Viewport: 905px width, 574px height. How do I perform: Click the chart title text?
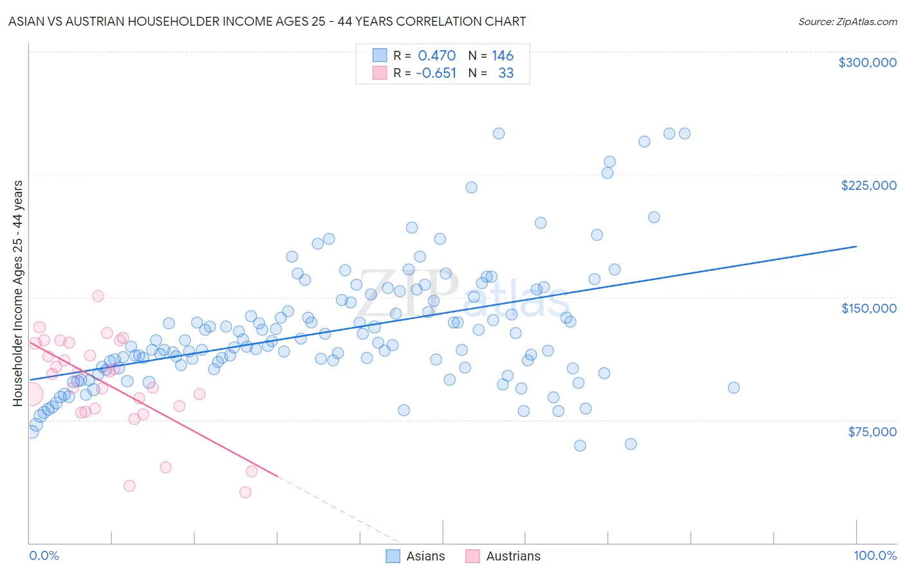pos(266,21)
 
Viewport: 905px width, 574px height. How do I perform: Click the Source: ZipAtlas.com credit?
pos(847,21)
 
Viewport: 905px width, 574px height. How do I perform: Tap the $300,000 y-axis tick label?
pos(867,62)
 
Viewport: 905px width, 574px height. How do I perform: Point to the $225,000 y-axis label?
pos(868,185)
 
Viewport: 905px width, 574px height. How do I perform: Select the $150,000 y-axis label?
pos(868,308)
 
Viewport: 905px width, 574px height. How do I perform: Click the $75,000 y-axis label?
pos(872,432)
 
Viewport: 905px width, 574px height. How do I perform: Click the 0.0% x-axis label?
pos(44,555)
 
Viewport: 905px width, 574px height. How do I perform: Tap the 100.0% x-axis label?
pos(875,555)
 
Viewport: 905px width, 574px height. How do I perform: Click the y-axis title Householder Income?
pos(18,293)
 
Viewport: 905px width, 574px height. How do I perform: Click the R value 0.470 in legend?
pos(436,56)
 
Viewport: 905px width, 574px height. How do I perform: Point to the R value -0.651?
pos(436,73)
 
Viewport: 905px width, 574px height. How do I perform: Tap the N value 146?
pos(502,56)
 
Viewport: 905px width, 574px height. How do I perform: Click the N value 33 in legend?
pos(505,73)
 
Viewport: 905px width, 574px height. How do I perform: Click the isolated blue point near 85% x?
pos(733,387)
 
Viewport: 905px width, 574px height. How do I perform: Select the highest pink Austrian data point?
pos(98,296)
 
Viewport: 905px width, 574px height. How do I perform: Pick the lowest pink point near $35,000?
pos(245,492)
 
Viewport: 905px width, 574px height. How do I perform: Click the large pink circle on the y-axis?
pos(30,394)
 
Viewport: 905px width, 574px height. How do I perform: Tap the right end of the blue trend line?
pos(856,246)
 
